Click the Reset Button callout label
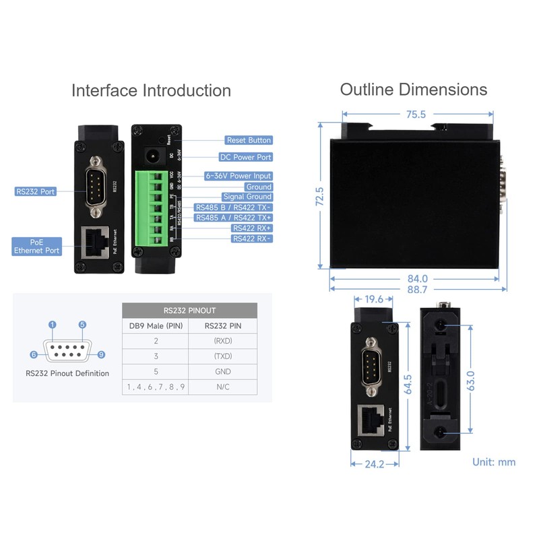coord(249,140)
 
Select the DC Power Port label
coord(246,157)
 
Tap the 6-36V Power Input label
coord(239,176)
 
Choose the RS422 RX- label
coord(251,239)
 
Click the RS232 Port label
coord(36,191)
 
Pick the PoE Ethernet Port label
coord(36,246)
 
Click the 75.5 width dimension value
coord(416,115)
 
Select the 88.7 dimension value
coord(417,290)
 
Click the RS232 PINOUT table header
coord(190,311)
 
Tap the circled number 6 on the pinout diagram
coord(33,355)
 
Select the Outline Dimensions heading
coord(413,90)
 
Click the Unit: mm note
coord(494,462)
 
